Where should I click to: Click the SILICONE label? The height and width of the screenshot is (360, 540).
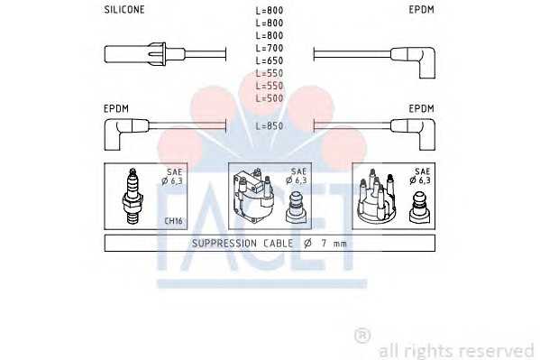(124, 10)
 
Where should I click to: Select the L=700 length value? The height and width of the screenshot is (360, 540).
(270, 48)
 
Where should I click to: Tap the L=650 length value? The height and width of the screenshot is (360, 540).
(270, 60)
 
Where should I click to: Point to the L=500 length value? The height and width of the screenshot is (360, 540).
(270, 98)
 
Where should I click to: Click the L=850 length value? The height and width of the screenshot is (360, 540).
(270, 126)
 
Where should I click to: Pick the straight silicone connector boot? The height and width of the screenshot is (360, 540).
(144, 54)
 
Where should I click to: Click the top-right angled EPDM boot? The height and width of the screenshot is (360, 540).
(413, 62)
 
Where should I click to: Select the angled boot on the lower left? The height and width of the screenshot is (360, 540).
(126, 134)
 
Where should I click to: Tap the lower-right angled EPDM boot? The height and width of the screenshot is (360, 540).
(413, 134)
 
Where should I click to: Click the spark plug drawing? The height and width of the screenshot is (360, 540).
(133, 196)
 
